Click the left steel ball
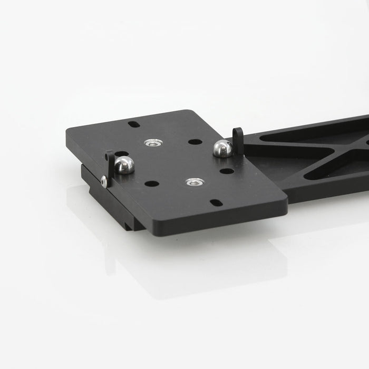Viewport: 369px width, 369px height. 124,165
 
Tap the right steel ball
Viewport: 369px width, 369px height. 222,149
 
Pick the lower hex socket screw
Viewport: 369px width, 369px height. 195,182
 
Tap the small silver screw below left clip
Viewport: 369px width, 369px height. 104,182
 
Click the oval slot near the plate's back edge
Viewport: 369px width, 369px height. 134,124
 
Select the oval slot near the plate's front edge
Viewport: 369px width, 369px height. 216,202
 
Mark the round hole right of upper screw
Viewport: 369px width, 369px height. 195,142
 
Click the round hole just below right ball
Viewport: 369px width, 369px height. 227,171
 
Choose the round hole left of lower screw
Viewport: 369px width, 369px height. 152,184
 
